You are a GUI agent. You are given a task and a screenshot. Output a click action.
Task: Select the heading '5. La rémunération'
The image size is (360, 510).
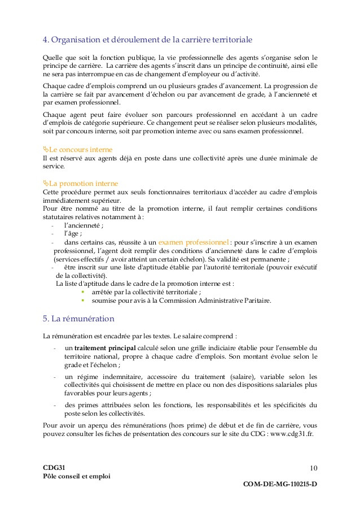[78, 319]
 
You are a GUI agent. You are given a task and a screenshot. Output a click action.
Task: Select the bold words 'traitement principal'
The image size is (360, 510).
[104, 347]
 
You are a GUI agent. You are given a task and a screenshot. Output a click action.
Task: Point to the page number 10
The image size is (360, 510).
[313, 467]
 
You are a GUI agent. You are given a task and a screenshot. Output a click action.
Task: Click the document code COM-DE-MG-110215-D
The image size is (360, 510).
[280, 484]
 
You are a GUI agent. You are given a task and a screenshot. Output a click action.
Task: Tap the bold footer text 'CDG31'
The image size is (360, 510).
[54, 467]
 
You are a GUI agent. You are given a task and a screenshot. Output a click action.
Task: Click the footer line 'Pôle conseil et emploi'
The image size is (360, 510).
[77, 476]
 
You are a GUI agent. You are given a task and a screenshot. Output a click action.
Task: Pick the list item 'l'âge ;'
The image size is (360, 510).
[73, 233]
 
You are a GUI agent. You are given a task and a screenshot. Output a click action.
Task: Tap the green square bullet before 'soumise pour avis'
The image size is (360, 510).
[82, 300]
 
